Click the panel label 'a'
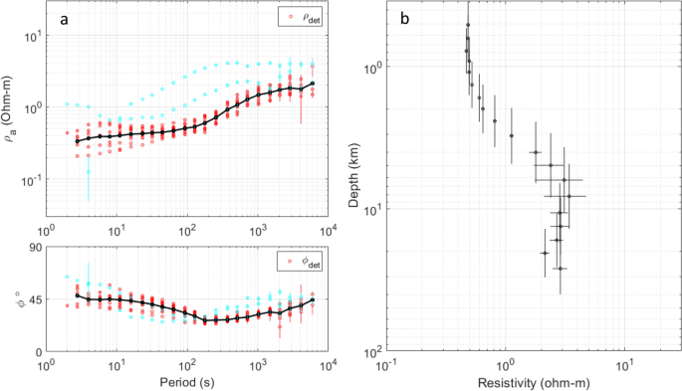tap(64, 21)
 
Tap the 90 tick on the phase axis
tap(32, 248)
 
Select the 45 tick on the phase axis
tap(32, 299)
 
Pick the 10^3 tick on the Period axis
tap(256, 366)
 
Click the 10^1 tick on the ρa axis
tap(31, 37)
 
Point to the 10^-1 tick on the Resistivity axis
tap(386, 365)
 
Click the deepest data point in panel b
tap(561, 269)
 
